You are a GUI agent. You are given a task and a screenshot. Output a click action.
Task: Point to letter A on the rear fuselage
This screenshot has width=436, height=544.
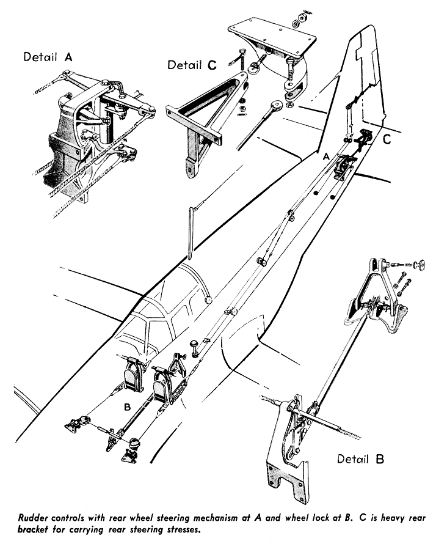tap(326, 157)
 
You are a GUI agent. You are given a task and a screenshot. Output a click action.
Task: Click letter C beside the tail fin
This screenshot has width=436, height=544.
tap(387, 139)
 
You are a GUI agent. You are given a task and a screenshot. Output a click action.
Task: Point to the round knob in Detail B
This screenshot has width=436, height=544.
tap(419, 265)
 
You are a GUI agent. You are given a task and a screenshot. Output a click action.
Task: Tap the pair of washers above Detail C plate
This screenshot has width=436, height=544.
tap(299, 19)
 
